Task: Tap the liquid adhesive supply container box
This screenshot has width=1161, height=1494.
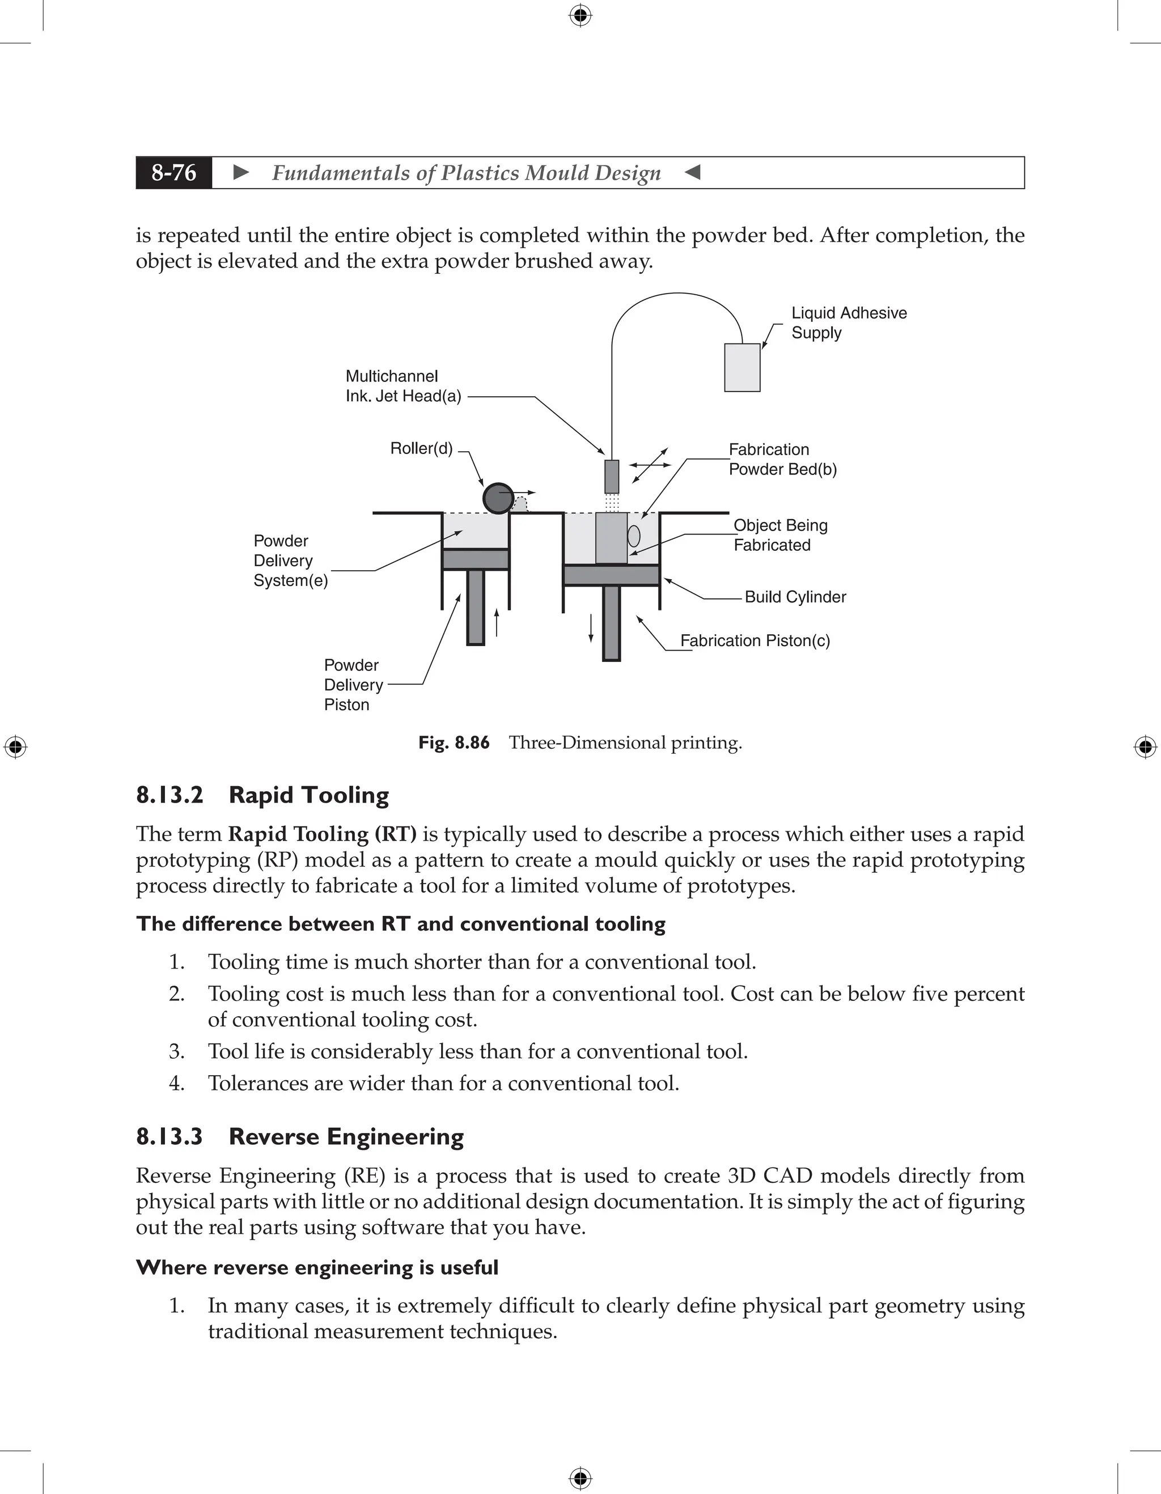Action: tap(741, 367)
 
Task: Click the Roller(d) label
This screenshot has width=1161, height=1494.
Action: tap(421, 449)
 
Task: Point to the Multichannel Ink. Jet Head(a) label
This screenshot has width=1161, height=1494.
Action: tap(403, 386)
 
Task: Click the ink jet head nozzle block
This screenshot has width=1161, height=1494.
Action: tap(612, 476)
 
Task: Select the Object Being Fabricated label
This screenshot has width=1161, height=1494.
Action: tap(780, 535)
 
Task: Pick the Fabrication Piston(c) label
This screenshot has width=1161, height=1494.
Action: tap(755, 640)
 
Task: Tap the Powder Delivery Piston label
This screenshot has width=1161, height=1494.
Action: tap(353, 685)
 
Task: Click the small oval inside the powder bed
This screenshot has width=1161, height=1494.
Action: tap(634, 535)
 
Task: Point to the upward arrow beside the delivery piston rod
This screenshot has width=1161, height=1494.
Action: tap(497, 622)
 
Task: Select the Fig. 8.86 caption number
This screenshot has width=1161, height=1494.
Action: tap(454, 742)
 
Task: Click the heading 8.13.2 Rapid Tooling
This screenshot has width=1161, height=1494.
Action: tap(262, 795)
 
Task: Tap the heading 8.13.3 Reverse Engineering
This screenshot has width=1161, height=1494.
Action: tap(300, 1136)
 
